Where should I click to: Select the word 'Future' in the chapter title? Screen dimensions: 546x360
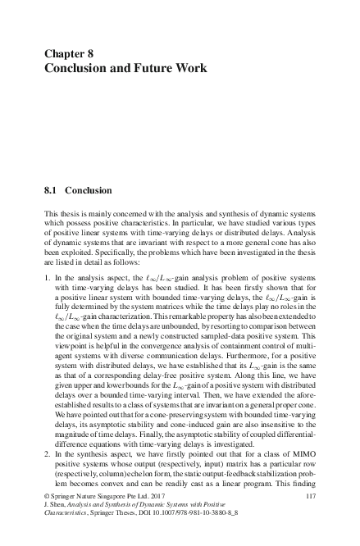pos(154,67)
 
